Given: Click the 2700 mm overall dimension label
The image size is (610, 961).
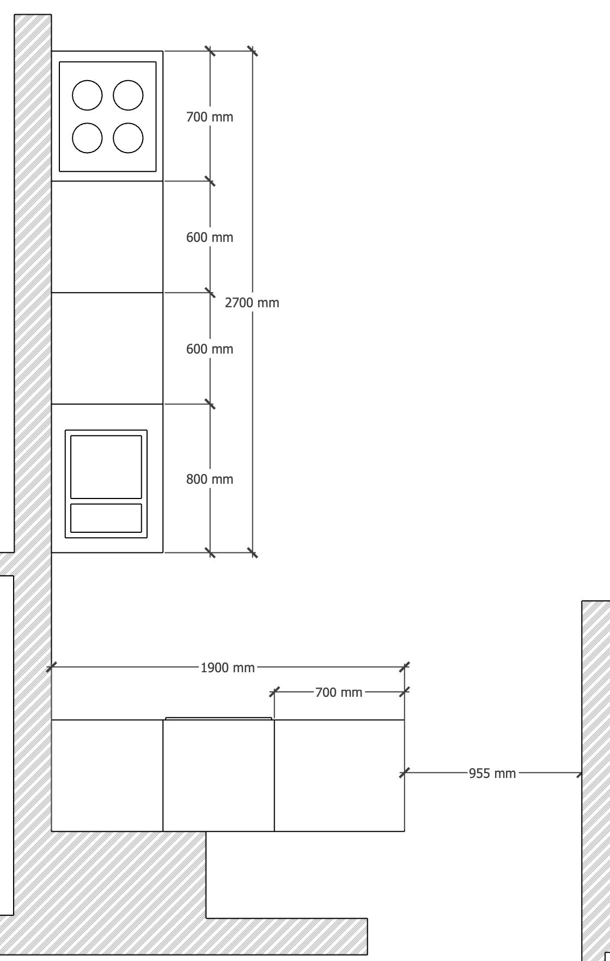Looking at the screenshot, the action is coord(252,303).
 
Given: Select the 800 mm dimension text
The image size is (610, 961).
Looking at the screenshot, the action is coord(210,479).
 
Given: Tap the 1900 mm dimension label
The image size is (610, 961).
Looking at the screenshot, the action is coord(228,668).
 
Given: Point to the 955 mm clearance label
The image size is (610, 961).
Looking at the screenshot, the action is coord(492,774).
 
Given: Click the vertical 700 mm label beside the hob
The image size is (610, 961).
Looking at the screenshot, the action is coord(210,117).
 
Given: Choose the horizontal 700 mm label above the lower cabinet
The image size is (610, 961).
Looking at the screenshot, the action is coord(339,692).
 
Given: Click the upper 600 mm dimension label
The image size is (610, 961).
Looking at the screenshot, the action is coord(210,238).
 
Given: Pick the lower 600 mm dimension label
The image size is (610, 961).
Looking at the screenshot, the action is coord(210,349).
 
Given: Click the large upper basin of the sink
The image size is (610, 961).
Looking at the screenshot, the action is coord(106,467).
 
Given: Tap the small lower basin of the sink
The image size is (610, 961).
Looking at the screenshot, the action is coord(106,518).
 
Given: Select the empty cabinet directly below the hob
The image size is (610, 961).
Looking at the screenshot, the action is coord(107,237).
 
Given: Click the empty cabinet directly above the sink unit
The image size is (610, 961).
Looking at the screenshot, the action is coord(107,348).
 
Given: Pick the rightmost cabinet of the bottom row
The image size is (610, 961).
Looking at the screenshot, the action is coord(339,775).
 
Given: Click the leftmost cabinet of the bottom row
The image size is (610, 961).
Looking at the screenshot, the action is coord(107,775).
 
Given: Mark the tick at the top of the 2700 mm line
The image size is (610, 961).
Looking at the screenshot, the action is coord(253,51).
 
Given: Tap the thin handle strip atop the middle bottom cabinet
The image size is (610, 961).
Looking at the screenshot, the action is coord(218,719).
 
